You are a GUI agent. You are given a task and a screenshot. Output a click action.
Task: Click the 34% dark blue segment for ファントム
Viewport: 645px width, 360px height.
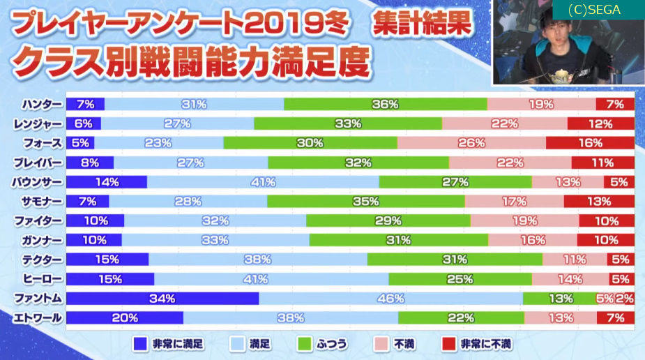162,299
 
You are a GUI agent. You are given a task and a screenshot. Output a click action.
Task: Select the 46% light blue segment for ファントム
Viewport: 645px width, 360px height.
390,299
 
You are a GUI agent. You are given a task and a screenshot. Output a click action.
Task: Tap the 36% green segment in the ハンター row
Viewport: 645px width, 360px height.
385,105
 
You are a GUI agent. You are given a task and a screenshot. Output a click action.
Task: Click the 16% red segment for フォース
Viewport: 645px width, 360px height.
590,143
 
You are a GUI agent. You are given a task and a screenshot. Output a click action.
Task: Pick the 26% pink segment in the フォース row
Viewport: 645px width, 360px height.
471,143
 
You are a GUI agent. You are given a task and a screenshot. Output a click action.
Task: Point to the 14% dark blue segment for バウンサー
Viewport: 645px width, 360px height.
107,182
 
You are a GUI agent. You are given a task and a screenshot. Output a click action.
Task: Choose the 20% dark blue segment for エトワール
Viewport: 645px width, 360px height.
125,318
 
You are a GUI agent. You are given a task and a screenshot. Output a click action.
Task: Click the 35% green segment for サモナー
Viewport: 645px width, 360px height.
365,202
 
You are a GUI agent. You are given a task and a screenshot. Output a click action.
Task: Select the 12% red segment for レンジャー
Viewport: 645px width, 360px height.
600,124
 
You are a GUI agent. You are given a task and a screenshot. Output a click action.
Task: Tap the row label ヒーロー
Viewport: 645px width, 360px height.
43,279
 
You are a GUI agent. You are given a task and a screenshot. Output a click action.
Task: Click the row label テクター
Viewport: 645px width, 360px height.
43,260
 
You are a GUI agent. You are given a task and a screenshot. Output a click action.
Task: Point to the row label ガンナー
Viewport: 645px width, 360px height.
43,240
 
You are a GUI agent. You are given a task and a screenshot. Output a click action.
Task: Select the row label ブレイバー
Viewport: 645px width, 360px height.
39,163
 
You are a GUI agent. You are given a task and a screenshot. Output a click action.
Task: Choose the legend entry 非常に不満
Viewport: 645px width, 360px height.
477,344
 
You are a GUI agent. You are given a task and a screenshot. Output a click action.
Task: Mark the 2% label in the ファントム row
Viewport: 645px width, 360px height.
625,299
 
